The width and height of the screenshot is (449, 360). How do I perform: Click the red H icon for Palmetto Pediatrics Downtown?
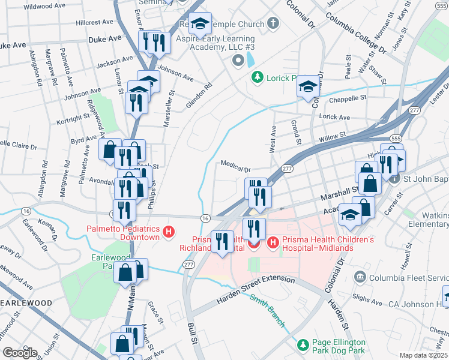coord(169,231)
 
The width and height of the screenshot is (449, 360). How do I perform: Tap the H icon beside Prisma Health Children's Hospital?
coord(273,243)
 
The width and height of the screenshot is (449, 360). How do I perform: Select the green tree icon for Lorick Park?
coord(258,77)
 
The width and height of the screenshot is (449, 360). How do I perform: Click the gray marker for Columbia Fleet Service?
coord(360,277)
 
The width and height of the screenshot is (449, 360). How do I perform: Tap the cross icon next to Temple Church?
coord(273,24)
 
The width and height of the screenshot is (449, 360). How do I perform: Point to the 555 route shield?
coord(394,139)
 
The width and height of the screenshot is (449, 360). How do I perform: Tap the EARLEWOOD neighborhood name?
coord(26,303)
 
